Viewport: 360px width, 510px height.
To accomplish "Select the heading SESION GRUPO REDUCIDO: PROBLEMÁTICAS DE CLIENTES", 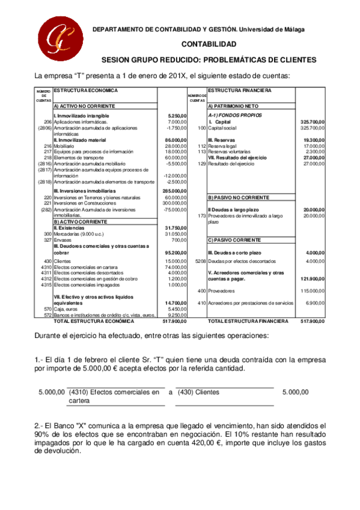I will [209, 60].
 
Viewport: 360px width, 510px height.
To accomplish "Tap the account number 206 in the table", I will [47, 122].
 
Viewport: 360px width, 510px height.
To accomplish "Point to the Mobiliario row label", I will [64, 146].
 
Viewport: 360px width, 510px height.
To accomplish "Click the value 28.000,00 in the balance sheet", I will [176, 146].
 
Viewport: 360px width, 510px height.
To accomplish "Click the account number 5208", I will [201, 261].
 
